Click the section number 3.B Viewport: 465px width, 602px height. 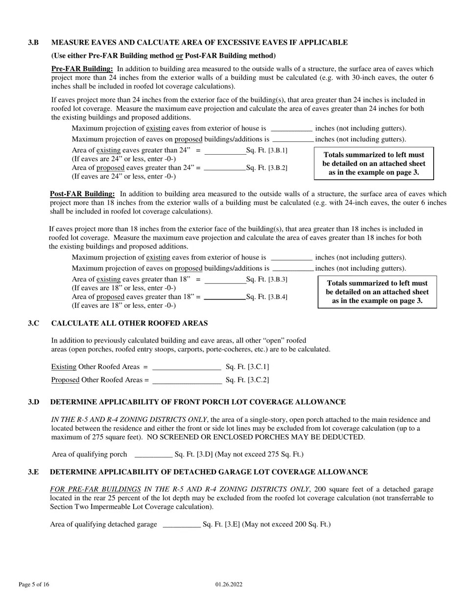point(33,43)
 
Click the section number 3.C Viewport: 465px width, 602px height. point(33,324)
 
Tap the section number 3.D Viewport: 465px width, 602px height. point(33,402)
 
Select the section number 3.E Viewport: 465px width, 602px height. point(33,472)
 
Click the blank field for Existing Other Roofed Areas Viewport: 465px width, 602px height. point(186,367)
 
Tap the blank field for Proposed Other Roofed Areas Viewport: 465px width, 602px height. point(187,380)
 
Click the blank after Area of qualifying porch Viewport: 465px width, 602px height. point(153,455)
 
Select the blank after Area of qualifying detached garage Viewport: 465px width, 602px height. point(181,525)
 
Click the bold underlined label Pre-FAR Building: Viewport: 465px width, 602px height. point(82,69)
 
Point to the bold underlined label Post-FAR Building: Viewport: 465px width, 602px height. point(82,194)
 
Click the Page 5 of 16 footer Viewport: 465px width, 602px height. point(34,584)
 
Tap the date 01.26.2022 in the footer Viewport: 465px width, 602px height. point(229,584)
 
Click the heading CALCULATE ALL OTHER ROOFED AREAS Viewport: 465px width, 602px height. point(129,324)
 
